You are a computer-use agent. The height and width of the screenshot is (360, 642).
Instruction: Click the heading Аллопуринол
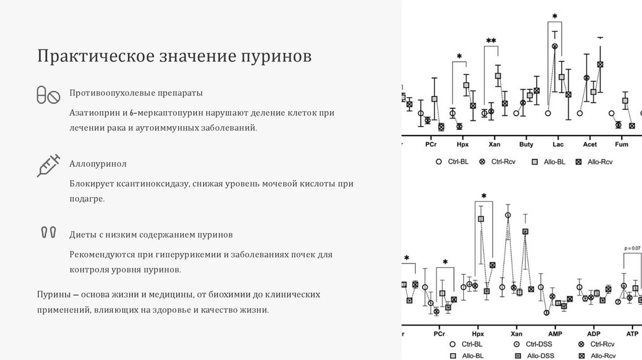point(98,164)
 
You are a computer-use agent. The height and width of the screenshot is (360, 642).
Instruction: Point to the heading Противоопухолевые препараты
point(136,93)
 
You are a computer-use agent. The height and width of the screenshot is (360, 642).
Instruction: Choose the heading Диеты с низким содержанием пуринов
point(151,235)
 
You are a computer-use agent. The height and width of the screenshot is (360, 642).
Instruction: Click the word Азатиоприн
point(95,113)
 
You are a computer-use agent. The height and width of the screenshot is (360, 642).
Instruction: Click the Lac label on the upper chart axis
point(558,144)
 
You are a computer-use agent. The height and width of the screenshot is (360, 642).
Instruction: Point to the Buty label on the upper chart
point(527,144)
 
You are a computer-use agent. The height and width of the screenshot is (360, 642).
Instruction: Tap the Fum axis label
point(621,144)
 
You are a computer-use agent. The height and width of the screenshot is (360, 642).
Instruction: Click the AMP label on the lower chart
point(555,334)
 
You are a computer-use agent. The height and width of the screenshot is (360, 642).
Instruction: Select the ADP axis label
point(594,334)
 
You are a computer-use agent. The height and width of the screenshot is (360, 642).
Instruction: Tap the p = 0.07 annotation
point(632,248)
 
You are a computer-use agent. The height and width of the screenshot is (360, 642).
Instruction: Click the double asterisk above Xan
point(491,41)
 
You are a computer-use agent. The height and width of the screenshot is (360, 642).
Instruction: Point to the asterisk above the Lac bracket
point(555,17)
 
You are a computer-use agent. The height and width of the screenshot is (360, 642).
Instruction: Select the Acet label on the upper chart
point(590,144)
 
